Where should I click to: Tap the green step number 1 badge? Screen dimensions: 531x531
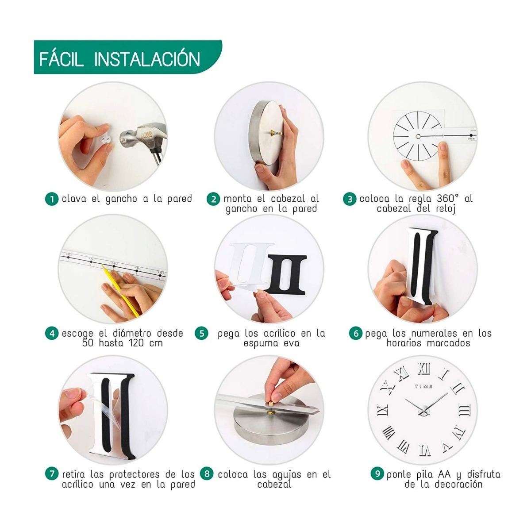pyautogui.click(x=52, y=199)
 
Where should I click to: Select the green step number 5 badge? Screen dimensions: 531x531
pyautogui.click(x=202, y=334)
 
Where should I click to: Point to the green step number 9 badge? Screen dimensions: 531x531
pyautogui.click(x=377, y=473)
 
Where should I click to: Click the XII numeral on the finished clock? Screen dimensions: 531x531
pyautogui.click(x=424, y=369)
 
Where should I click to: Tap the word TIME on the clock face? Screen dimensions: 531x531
pyautogui.click(x=423, y=386)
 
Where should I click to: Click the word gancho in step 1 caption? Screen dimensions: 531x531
pyautogui.click(x=121, y=199)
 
